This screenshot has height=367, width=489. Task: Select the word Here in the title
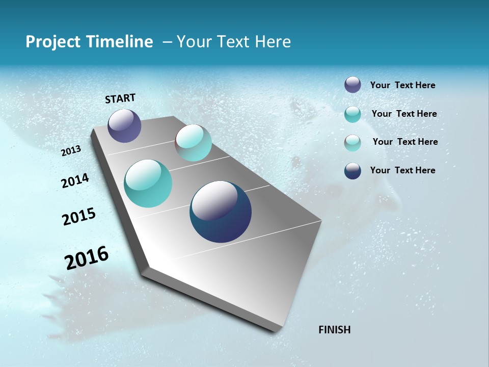(273, 42)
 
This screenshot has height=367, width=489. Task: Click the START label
(120, 98)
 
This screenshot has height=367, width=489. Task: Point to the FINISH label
(334, 330)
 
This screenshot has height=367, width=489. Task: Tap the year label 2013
(71, 151)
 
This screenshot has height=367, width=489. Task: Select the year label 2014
(75, 180)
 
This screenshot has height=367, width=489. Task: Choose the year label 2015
(79, 217)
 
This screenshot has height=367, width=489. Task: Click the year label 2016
(87, 257)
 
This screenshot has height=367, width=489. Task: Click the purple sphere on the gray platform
(124, 125)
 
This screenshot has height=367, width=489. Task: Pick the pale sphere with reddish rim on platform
(194, 143)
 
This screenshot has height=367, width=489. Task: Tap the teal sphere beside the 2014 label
(148, 183)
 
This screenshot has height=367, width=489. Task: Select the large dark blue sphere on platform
(221, 212)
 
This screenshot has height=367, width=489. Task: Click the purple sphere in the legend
(352, 85)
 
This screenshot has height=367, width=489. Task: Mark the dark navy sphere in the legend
(352, 171)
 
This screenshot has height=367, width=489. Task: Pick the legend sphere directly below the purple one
(352, 114)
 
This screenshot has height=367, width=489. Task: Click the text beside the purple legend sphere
(402, 86)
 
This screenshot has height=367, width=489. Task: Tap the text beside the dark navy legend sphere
(402, 170)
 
